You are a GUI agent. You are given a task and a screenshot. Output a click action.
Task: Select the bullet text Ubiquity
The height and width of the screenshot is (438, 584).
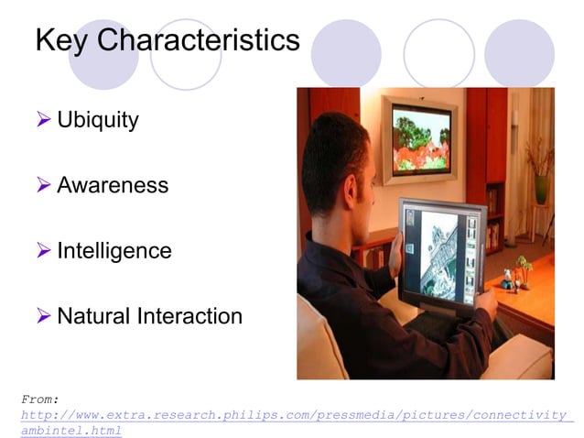tap(97, 120)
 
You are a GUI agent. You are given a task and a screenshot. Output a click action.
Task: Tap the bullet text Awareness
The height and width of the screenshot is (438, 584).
tap(113, 185)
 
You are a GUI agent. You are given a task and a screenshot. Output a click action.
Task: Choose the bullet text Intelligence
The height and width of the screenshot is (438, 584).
tap(114, 250)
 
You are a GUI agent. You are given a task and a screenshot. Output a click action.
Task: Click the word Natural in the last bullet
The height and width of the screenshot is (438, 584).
tap(93, 316)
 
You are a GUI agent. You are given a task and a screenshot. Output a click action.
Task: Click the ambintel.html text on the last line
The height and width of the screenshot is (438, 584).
tap(70, 431)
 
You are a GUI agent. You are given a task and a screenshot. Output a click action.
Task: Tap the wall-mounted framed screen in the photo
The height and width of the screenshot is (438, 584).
tap(421, 137)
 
